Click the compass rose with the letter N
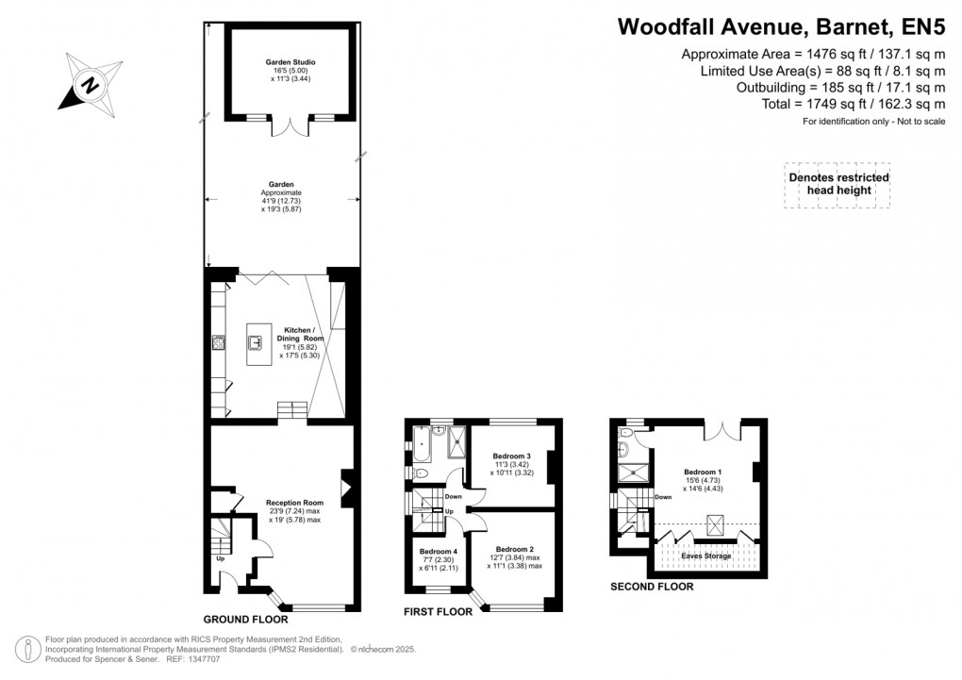(x=91, y=83)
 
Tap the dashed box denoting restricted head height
(x=838, y=184)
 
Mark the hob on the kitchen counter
(x=217, y=343)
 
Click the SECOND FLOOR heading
(x=652, y=586)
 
